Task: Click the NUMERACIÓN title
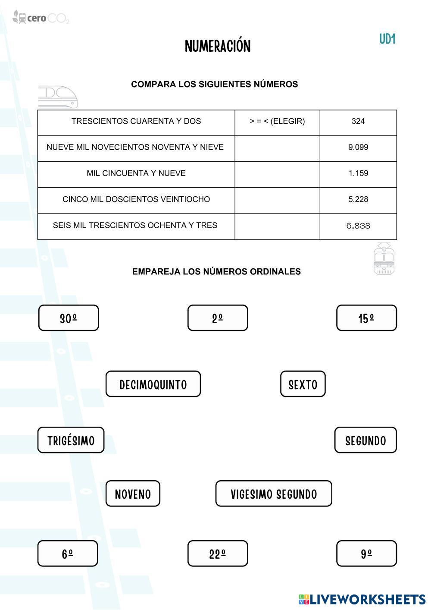(x=218, y=46)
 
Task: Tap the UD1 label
(x=387, y=39)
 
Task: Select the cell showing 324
(x=358, y=122)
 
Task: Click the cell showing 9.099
(x=358, y=148)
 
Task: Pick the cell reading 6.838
(x=358, y=226)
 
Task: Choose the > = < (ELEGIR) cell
(x=277, y=122)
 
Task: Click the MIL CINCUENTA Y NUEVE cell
(x=136, y=173)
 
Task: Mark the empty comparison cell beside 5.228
(x=277, y=200)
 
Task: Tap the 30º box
(x=69, y=318)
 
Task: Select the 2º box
(x=218, y=318)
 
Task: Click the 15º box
(x=366, y=318)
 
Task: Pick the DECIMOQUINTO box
(x=153, y=384)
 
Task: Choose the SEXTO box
(x=303, y=384)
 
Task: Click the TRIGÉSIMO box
(x=71, y=440)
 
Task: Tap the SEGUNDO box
(x=365, y=440)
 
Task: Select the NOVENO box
(x=133, y=494)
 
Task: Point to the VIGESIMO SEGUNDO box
(x=274, y=494)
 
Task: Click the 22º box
(x=218, y=553)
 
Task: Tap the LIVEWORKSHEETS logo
(x=362, y=599)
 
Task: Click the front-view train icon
(x=384, y=259)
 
